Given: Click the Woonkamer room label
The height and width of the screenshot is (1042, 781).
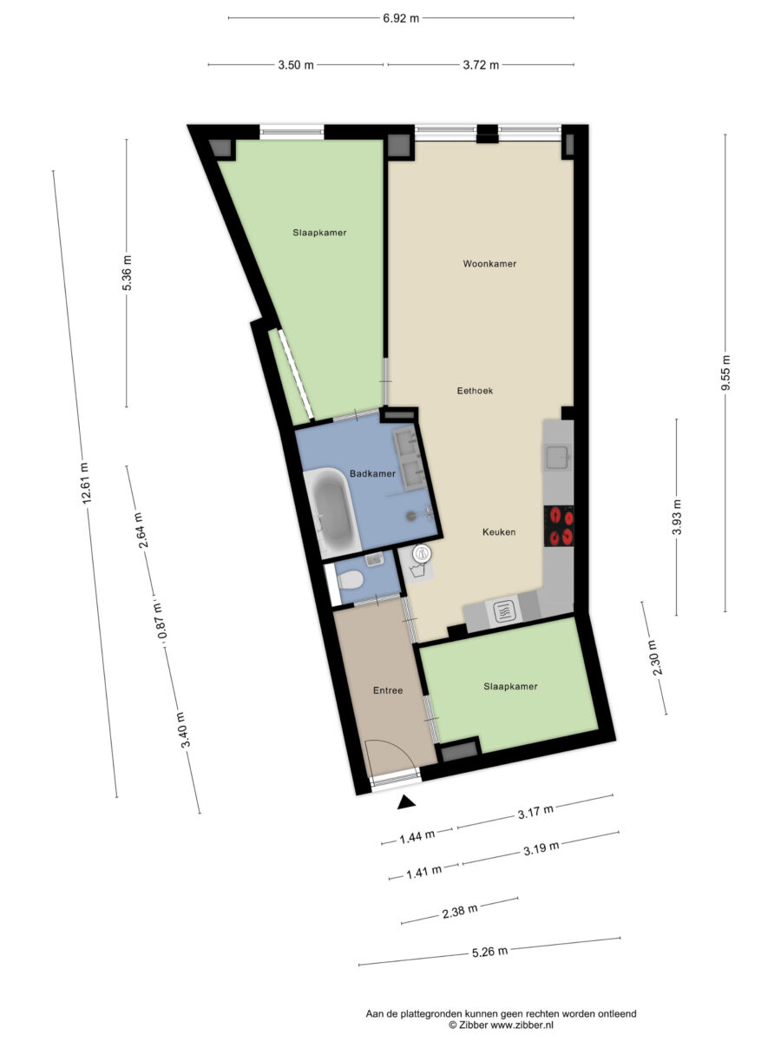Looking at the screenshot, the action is click(489, 263).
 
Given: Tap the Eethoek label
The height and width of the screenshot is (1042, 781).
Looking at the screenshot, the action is click(475, 391).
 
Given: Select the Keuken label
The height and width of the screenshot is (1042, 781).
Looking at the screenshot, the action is click(499, 531).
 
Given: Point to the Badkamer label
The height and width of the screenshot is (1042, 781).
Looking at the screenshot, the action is click(372, 473).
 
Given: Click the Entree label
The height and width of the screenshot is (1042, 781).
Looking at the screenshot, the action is click(388, 690).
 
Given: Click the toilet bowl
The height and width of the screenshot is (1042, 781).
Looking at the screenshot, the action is click(350, 579).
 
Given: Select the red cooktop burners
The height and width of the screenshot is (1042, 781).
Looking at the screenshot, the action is click(559, 526).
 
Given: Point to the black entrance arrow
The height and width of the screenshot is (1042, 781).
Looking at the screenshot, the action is click(406, 801).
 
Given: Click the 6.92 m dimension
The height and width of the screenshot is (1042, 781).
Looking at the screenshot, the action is click(401, 18).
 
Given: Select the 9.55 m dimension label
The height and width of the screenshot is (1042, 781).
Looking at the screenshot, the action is click(725, 373).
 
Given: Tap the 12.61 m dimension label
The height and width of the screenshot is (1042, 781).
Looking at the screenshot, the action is click(85, 483).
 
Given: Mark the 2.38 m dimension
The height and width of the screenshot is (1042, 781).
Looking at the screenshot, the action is click(460, 911).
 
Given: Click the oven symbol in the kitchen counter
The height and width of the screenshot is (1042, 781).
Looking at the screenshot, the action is click(502, 612).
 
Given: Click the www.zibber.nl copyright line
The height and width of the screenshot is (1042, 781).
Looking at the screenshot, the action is click(501, 1025).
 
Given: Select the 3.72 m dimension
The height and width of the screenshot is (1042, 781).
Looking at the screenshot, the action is click(481, 64).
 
